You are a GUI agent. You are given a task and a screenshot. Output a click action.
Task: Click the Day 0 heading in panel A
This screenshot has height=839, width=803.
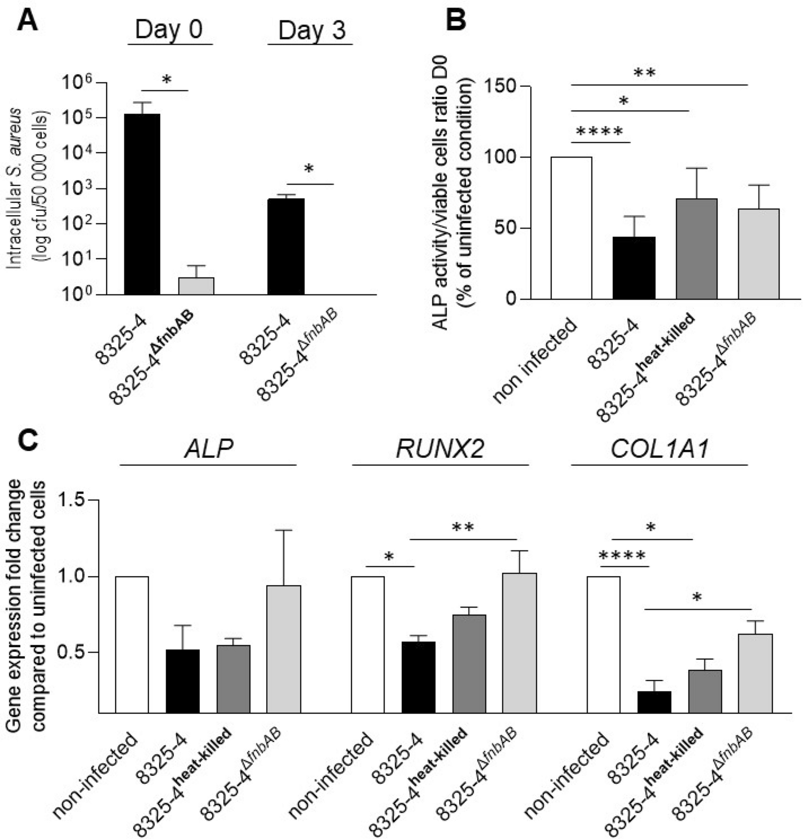(169, 30)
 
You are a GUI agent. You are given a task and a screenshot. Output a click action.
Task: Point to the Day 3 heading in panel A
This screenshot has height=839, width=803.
(312, 31)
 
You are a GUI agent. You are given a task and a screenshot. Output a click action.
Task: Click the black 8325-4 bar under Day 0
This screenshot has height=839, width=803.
(142, 203)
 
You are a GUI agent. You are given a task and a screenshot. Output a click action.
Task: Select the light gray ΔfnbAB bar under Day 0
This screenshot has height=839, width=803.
(196, 286)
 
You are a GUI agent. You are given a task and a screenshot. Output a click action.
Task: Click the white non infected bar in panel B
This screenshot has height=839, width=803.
(572, 228)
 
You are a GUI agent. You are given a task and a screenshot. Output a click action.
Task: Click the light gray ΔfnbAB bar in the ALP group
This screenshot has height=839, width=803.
(283, 649)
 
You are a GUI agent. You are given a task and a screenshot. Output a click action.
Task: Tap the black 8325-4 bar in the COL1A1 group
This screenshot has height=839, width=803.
(654, 702)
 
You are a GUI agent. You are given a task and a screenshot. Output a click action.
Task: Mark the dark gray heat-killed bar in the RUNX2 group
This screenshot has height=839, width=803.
(469, 663)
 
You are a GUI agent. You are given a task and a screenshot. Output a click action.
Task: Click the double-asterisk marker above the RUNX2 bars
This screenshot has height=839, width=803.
(463, 527)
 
